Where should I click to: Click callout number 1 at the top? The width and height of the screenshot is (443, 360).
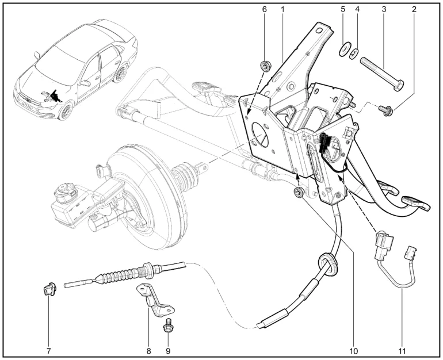(282, 10)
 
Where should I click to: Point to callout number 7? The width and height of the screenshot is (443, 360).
(48, 350)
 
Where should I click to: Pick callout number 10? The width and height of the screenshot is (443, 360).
(353, 350)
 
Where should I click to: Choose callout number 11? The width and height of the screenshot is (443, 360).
(402, 350)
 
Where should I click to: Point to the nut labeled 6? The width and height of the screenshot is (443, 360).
(265, 64)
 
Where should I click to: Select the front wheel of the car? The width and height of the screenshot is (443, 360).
(66, 112)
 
